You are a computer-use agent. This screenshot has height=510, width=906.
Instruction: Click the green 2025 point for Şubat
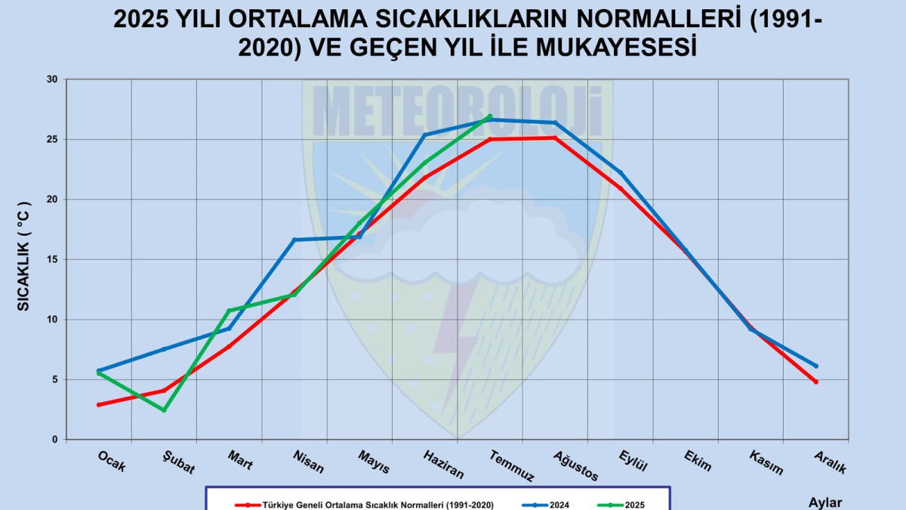[x=164, y=410]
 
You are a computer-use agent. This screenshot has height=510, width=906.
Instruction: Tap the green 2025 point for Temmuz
[x=490, y=116]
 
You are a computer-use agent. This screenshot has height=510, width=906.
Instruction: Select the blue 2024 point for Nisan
[x=294, y=240]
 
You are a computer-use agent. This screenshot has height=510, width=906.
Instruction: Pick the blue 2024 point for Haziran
[x=425, y=134]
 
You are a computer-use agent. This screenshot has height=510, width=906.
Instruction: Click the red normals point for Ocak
[x=99, y=405]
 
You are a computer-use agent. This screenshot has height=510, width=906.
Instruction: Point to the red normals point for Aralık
[x=816, y=382]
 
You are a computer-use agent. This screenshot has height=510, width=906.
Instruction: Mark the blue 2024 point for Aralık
[x=816, y=366]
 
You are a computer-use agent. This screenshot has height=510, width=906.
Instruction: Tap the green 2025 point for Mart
[x=229, y=311]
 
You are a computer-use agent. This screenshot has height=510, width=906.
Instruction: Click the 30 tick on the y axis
[x=51, y=79]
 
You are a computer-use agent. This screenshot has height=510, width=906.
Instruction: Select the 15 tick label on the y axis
[x=51, y=259]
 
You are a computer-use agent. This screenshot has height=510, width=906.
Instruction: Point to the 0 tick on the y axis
[x=54, y=440]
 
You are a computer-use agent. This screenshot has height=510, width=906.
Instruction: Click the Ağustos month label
[x=575, y=465]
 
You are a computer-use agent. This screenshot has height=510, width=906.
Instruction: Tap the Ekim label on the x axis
[x=698, y=460]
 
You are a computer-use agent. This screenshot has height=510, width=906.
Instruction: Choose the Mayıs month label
[x=374, y=462]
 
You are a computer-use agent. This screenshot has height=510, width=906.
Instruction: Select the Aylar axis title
[x=824, y=502]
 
